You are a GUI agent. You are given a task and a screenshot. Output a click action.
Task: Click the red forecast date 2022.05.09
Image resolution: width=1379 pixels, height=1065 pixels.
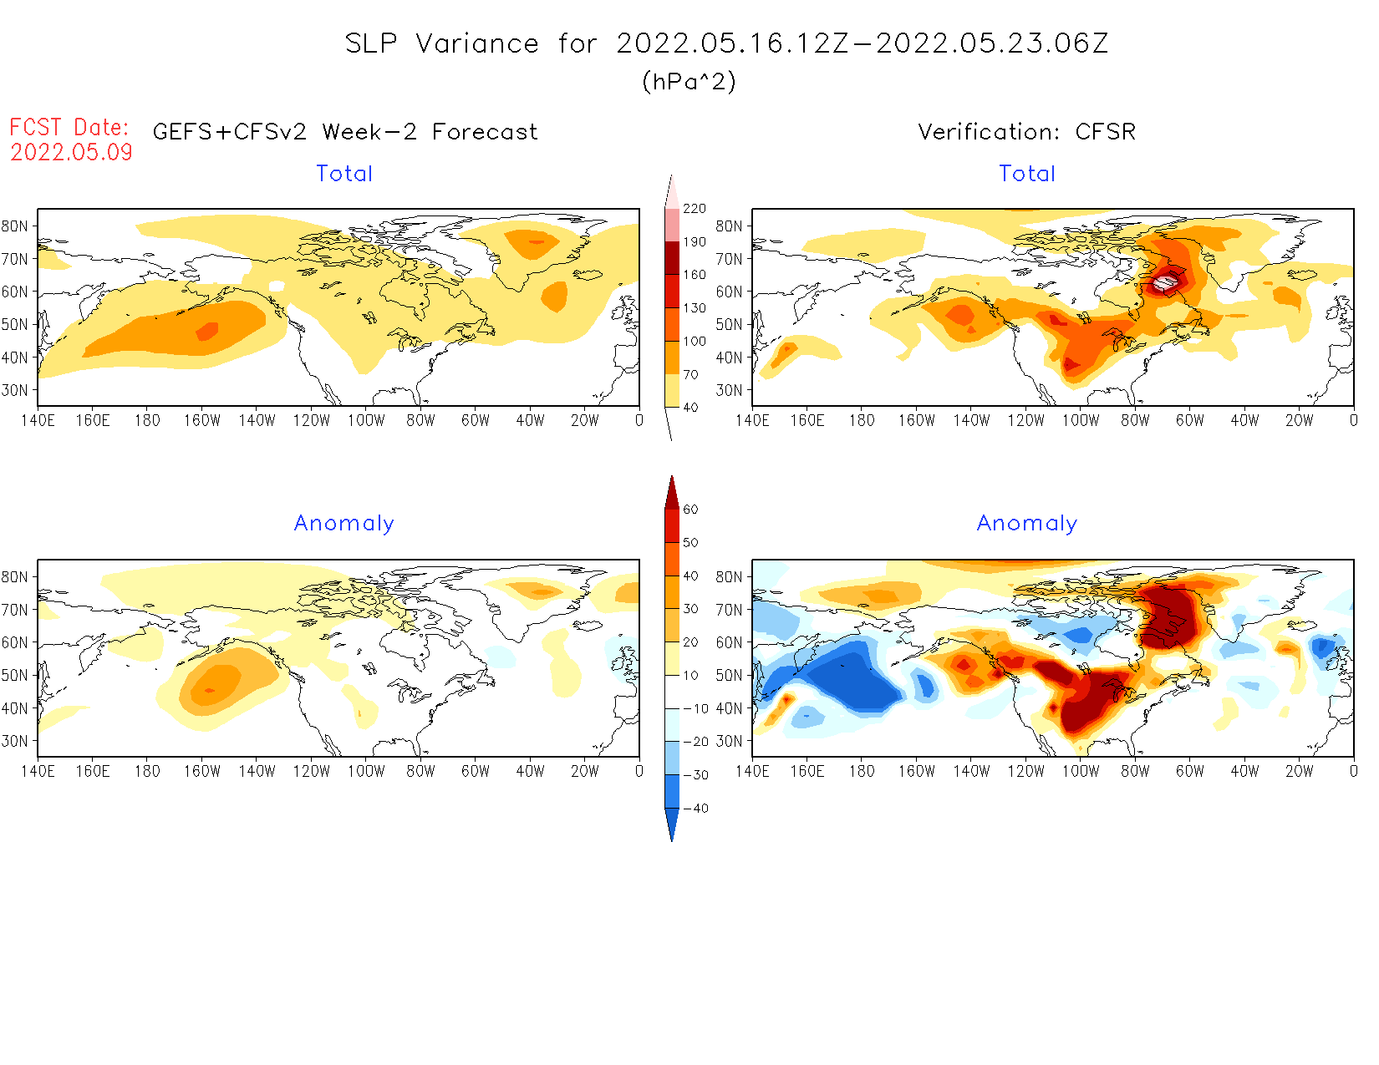71,152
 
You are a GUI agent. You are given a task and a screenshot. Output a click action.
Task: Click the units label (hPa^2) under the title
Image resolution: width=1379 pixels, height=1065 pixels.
689,81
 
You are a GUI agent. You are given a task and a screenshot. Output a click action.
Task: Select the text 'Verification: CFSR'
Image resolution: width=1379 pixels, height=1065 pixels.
1026,132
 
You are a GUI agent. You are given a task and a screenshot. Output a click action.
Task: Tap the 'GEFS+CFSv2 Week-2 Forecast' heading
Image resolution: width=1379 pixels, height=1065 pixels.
345,132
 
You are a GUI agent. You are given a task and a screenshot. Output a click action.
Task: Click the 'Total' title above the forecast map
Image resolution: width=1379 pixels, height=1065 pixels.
344,174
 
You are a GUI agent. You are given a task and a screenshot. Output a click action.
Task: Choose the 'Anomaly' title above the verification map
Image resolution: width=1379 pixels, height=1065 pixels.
1026,523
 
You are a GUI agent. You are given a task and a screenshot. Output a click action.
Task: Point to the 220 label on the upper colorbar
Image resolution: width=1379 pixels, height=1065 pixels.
694,208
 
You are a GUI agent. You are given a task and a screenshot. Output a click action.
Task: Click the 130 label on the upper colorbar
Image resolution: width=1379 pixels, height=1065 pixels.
694,307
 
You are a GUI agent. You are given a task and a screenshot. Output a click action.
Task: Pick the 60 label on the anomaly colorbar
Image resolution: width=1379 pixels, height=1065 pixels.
690,510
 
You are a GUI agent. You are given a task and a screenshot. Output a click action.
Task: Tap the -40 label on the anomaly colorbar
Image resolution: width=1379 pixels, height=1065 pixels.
695,809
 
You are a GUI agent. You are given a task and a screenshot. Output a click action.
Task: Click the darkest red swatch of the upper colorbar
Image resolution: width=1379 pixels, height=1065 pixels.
672,257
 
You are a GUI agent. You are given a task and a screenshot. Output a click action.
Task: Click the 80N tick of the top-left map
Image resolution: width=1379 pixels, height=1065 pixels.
14,226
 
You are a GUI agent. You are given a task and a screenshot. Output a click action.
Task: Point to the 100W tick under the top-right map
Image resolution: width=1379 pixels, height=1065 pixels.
1080,420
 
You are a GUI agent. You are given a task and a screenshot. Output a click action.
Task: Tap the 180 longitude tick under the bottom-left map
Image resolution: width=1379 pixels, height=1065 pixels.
147,771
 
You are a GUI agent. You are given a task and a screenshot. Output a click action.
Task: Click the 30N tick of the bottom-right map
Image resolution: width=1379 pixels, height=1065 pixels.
729,741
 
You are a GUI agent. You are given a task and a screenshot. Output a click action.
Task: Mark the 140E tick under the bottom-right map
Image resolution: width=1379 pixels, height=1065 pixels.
752,771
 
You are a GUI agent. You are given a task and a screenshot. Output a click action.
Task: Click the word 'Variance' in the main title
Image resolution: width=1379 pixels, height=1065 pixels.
477,43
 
